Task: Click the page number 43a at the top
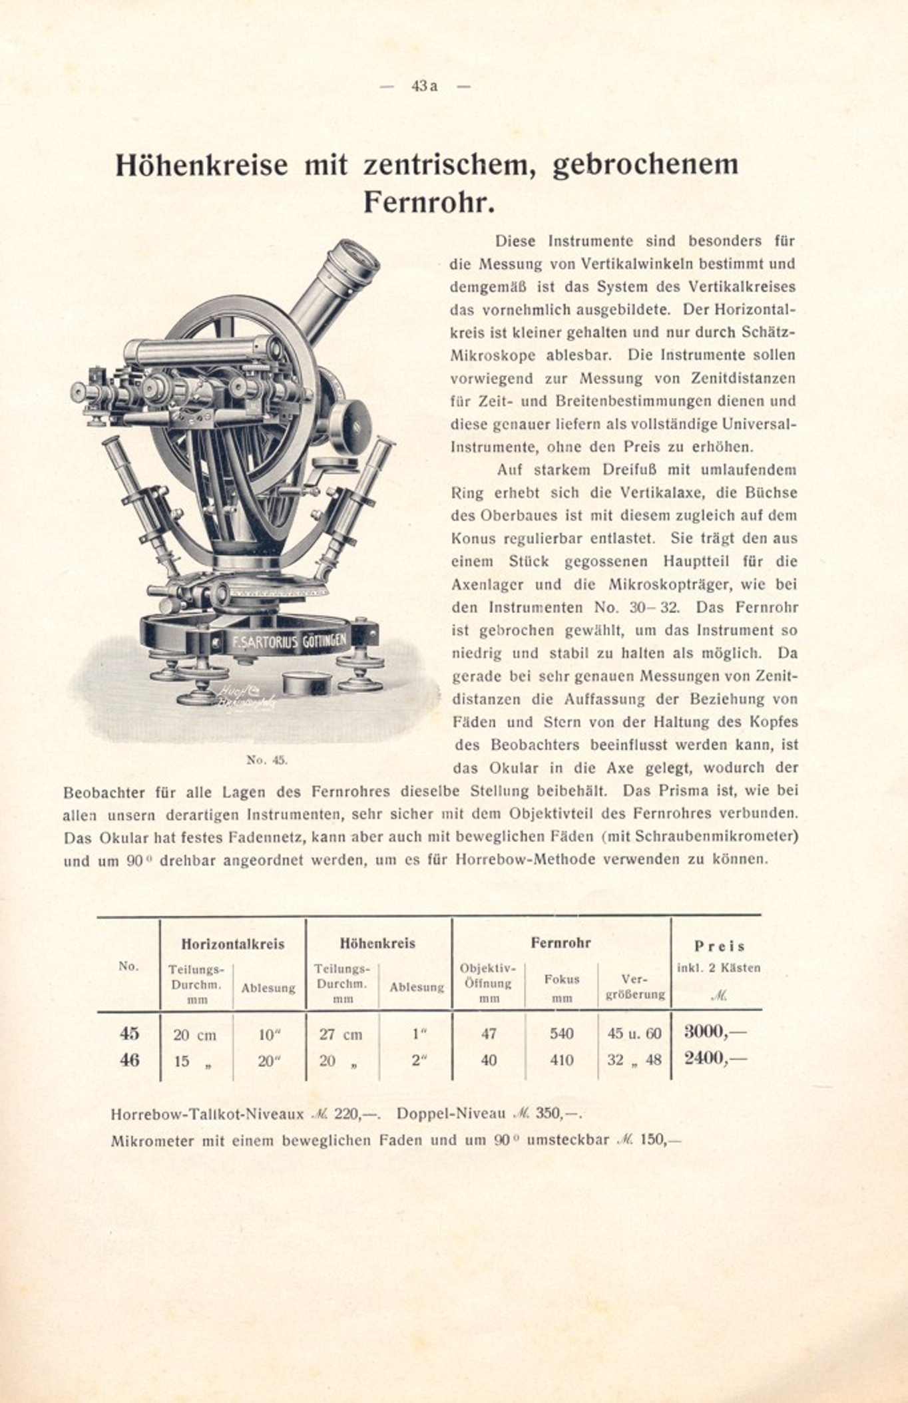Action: (x=424, y=87)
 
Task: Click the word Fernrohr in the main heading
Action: (x=429, y=202)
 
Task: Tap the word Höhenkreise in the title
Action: (x=202, y=165)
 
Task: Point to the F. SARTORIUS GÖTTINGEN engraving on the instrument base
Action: (x=289, y=642)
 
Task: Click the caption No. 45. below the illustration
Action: (x=267, y=760)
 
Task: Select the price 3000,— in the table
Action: (x=715, y=1032)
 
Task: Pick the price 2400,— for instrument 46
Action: (x=715, y=1059)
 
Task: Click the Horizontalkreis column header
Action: (x=232, y=944)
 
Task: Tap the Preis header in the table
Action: (x=719, y=946)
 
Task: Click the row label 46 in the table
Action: (x=129, y=1060)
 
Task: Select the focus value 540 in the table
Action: (x=561, y=1034)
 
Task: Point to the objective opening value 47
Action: (x=489, y=1034)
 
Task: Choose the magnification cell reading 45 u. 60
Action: (x=634, y=1034)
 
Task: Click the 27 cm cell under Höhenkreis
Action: (x=341, y=1034)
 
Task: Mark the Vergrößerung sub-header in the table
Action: (x=635, y=987)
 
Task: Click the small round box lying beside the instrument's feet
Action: (x=308, y=682)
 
